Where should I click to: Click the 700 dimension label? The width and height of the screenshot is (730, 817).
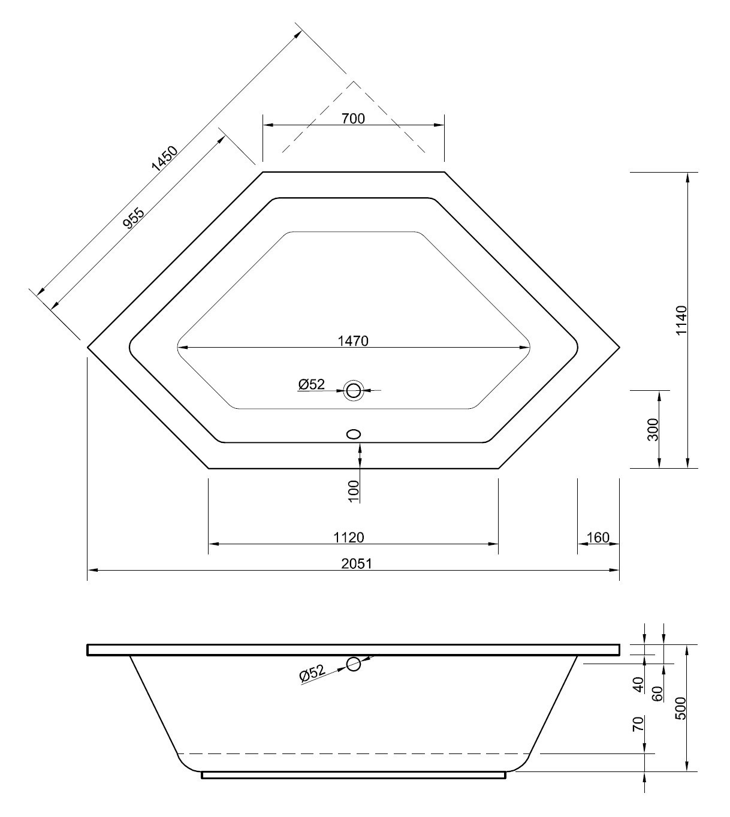353,119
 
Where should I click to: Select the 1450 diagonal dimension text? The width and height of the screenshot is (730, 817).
164,159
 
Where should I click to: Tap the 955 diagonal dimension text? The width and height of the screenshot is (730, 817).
133,218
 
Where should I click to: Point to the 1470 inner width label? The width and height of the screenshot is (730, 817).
353,341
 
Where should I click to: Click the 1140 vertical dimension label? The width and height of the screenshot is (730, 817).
681,321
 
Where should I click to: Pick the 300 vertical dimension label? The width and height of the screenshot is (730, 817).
653,429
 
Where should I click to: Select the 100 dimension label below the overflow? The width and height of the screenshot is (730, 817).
353,491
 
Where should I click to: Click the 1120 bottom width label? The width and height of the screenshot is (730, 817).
348,537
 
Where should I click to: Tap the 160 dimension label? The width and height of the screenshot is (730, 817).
598,537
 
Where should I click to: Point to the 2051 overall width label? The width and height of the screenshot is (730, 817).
357,563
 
